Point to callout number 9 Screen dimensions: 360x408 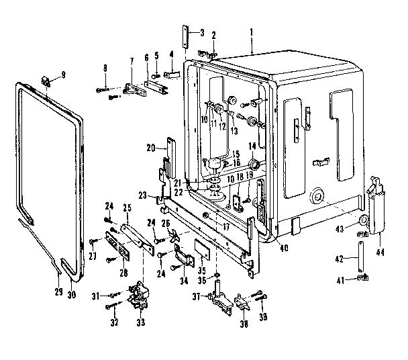pyautogui.click(x=64, y=75)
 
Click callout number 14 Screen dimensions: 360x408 pyautogui.click(x=254, y=146)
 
